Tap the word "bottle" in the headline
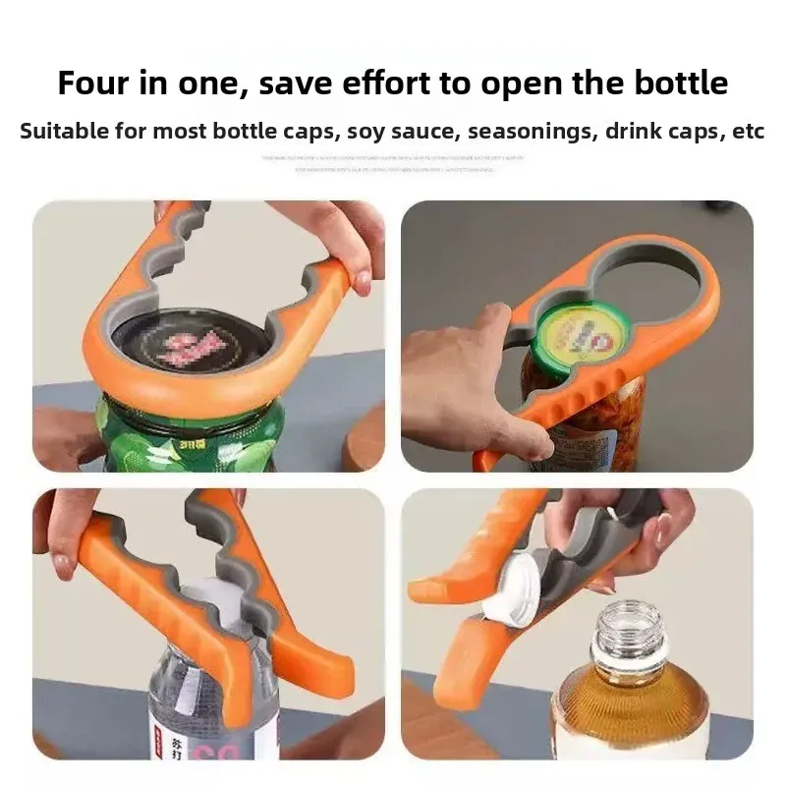click(679, 83)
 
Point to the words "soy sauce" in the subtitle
click(382, 132)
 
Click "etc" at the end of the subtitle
click(749, 132)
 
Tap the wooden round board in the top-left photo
click(364, 442)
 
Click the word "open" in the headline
click(555, 83)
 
